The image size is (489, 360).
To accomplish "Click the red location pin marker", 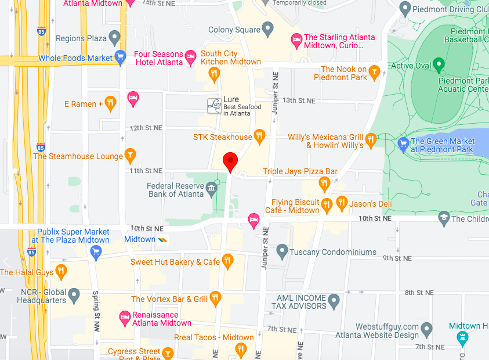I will [x=231, y=161].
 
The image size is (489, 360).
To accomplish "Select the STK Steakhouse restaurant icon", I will [x=259, y=137].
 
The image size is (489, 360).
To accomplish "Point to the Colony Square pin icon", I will [x=267, y=28].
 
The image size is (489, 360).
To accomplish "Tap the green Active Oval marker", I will [x=439, y=65].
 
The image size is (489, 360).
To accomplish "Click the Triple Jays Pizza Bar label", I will [x=300, y=171].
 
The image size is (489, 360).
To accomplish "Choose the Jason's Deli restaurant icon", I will [x=341, y=203].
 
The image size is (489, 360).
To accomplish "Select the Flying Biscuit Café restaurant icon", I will [x=327, y=203].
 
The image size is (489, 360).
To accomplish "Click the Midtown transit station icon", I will [x=164, y=239].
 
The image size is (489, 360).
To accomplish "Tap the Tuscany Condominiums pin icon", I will [x=282, y=252].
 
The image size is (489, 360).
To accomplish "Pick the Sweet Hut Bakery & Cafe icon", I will [x=227, y=262].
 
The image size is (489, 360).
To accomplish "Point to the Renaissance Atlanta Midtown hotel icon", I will [x=124, y=317].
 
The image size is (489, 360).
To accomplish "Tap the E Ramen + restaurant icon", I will [x=110, y=104].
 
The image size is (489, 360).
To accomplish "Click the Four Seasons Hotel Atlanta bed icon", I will [x=190, y=57].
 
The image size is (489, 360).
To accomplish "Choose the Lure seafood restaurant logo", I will [x=215, y=105].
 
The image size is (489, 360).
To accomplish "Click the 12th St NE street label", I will [x=146, y=127].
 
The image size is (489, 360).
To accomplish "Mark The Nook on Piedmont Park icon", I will [x=375, y=73].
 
